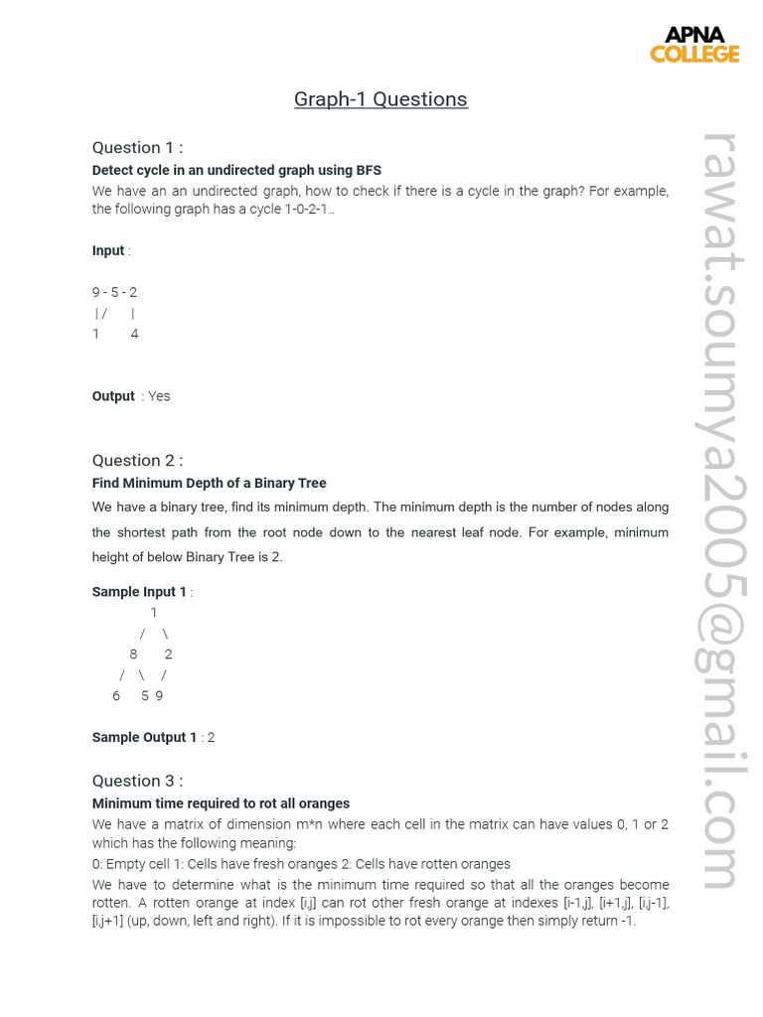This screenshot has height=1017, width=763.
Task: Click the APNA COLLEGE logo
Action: pyautogui.click(x=694, y=44)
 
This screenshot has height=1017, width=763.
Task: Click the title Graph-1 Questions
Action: pyautogui.click(x=381, y=99)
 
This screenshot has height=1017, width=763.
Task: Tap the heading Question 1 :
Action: pyautogui.click(x=137, y=147)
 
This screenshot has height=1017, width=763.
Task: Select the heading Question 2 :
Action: pyautogui.click(x=137, y=460)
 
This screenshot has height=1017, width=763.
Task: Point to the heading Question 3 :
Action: pyautogui.click(x=137, y=781)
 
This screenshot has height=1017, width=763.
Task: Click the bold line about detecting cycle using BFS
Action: pyautogui.click(x=236, y=170)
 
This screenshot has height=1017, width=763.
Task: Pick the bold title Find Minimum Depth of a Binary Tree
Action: pyautogui.click(x=209, y=483)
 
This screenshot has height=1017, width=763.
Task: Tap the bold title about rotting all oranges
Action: pyautogui.click(x=221, y=803)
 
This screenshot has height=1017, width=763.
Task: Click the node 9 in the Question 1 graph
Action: pyautogui.click(x=96, y=292)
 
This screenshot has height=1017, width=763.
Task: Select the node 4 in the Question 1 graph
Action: pyautogui.click(x=134, y=334)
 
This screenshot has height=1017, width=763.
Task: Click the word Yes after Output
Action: pyautogui.click(x=159, y=396)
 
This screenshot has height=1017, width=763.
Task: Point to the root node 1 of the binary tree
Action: pyautogui.click(x=153, y=613)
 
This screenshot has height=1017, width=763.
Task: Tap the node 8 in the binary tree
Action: pyautogui.click(x=133, y=654)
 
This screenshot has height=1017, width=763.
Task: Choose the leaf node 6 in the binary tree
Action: pyautogui.click(x=116, y=696)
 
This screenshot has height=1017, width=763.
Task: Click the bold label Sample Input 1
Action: pyautogui.click(x=139, y=592)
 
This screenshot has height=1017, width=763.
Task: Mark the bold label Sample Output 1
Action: pyautogui.click(x=144, y=738)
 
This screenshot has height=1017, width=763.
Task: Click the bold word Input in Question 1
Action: pyautogui.click(x=108, y=251)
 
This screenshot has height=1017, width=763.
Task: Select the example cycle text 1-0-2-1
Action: pyautogui.click(x=301, y=210)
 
